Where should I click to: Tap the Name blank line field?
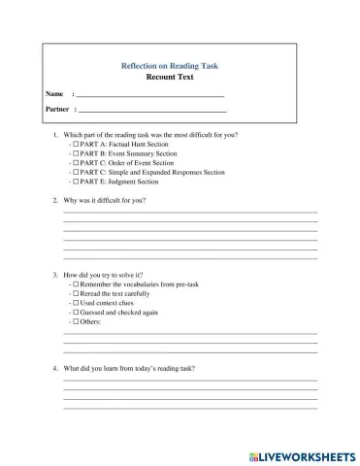149,94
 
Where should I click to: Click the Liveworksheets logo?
302,453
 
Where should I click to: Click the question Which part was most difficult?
150,134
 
